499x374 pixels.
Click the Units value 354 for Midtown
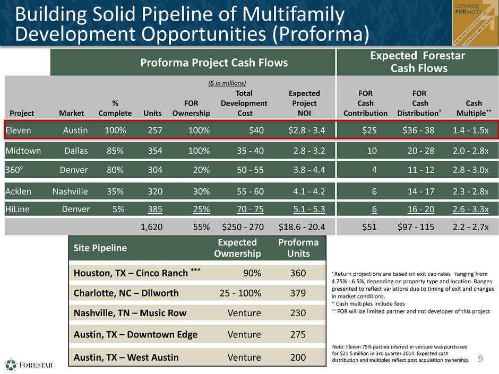pos(155,151)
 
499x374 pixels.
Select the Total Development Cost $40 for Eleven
pos(256,131)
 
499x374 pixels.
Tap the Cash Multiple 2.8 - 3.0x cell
pos(470,170)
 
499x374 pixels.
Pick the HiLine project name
pos(18,209)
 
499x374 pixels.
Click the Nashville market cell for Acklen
pos(70,192)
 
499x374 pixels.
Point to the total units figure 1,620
pos(151,227)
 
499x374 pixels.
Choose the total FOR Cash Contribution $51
pos(369,227)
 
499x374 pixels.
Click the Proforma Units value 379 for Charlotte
pos(298,293)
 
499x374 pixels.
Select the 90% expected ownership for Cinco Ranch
pos(252,273)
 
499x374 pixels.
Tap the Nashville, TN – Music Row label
pos(130,313)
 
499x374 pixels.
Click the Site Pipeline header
pos(100,248)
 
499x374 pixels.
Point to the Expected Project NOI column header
pos(304,103)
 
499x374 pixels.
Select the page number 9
pos(480,359)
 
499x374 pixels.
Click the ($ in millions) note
pos(227,83)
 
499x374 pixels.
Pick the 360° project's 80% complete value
pos(115,170)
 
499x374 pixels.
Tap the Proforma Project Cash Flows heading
pos(214,63)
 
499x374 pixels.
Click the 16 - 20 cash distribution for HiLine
pos(421,209)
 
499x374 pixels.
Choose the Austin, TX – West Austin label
pos(126,358)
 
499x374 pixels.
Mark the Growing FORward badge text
pos(468,8)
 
